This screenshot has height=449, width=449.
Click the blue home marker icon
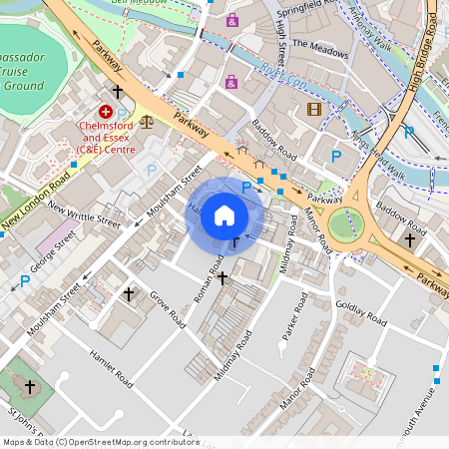[224, 216]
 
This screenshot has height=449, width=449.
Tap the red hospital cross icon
[105, 113]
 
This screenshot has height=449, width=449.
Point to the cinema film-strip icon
[314, 109]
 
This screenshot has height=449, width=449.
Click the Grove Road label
[167, 308]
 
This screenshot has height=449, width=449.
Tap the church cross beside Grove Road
[128, 294]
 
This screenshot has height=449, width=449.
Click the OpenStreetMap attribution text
[101, 442]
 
